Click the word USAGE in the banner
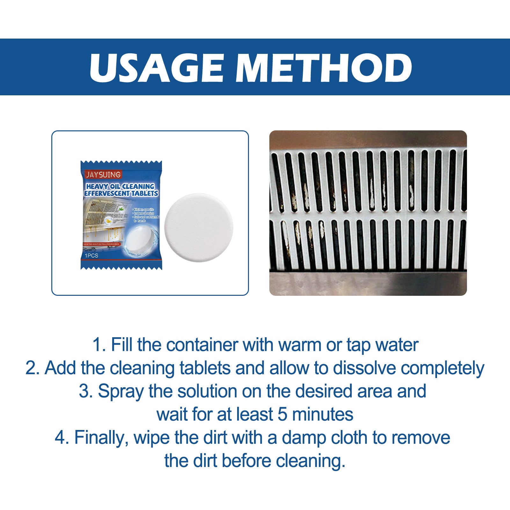coord(157,68)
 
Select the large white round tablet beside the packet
coord(199,228)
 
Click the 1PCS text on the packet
coord(91,256)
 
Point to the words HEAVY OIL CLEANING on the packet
coord(120,186)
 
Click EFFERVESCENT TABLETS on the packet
coord(121,193)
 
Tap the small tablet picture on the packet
coord(139,239)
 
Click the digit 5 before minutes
coord(282,414)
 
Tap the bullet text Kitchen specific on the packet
coord(143,209)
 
